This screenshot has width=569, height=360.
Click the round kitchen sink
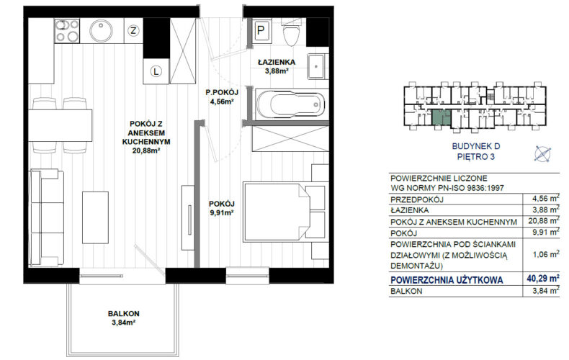[x=102, y=30]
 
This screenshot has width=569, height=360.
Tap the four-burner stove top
[x=67, y=30]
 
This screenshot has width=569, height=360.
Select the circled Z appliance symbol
[x=133, y=30]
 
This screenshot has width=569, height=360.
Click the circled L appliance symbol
[x=156, y=71]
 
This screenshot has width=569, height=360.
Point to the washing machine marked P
[x=261, y=30]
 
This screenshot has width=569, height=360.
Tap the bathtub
[x=290, y=104]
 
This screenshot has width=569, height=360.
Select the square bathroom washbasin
[x=316, y=66]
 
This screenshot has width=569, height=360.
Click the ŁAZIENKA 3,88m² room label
[x=277, y=66]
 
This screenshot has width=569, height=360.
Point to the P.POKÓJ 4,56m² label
[x=221, y=97]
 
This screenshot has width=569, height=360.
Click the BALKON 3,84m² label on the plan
[x=123, y=318]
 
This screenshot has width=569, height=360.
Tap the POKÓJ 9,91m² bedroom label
[x=221, y=208]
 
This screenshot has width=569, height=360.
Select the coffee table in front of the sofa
[x=96, y=217]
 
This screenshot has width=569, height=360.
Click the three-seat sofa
[x=47, y=217]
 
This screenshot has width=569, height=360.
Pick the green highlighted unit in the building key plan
[x=441, y=118]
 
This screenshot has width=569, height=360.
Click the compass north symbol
[x=542, y=153]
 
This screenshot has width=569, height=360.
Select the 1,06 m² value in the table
[x=545, y=254]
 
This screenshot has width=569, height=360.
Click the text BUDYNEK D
[x=476, y=146]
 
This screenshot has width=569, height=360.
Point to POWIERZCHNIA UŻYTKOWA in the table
[x=447, y=280]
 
